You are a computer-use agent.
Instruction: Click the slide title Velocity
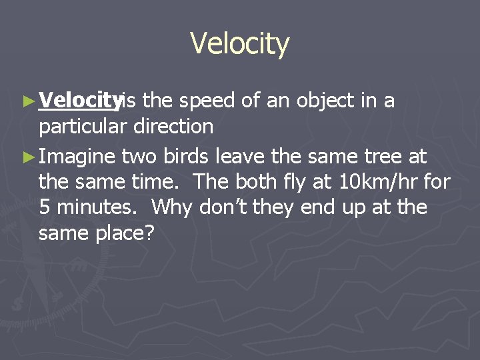(239, 44)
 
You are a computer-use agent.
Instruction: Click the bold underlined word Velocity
(80, 101)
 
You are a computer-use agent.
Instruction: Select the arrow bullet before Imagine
(27, 157)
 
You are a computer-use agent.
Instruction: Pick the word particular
(83, 126)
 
